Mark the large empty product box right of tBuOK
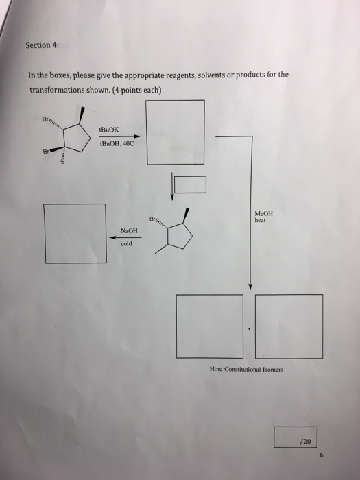[175, 132]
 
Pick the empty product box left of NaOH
[75, 233]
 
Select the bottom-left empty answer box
[209, 326]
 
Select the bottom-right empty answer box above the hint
[288, 326]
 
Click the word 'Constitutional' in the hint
[241, 369]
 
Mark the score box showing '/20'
[295, 437]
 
